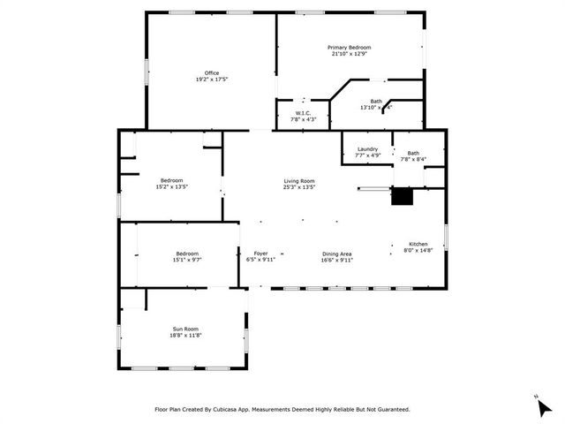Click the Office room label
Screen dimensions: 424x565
(212, 72)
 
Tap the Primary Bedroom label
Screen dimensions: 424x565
(350, 47)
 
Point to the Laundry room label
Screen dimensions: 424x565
(367, 149)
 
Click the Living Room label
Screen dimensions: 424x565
(299, 180)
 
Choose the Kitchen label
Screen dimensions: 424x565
(418, 244)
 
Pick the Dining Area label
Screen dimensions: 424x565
(337, 254)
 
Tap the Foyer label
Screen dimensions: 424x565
(261, 254)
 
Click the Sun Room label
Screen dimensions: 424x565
(185, 329)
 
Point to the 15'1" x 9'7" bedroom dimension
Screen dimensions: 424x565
(187, 260)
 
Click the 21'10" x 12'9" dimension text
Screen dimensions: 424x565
(350, 54)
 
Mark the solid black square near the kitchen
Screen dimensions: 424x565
(403, 197)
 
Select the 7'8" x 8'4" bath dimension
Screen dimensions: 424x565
(414, 160)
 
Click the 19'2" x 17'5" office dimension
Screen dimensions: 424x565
(212, 79)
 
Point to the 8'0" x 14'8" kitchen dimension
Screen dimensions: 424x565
(418, 251)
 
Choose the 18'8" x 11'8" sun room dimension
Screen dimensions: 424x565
(185, 335)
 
